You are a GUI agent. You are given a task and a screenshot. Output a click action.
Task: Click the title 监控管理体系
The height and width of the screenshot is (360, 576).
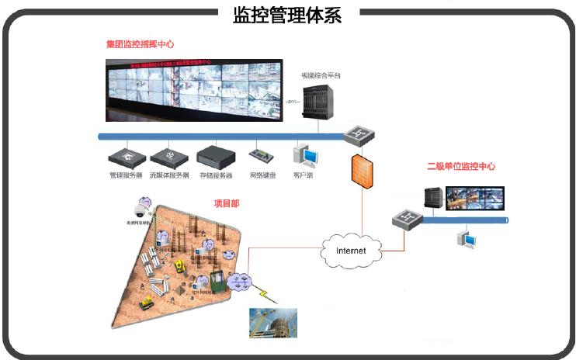pyautogui.click(x=287, y=15)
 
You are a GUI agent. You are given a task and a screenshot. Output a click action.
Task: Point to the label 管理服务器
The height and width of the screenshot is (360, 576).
pyautogui.click(x=125, y=175)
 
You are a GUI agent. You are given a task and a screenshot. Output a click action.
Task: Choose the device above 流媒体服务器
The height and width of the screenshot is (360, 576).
pyautogui.click(x=169, y=157)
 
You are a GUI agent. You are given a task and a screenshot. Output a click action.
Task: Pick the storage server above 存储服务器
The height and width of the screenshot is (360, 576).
pyautogui.click(x=215, y=157)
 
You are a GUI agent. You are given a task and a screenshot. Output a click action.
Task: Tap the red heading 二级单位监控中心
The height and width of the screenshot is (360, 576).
pyautogui.click(x=461, y=167)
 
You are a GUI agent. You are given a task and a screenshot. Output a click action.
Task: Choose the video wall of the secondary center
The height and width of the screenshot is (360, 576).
pyautogui.click(x=463, y=199)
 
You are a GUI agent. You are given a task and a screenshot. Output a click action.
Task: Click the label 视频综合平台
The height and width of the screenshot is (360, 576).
pyautogui.click(x=321, y=76)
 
